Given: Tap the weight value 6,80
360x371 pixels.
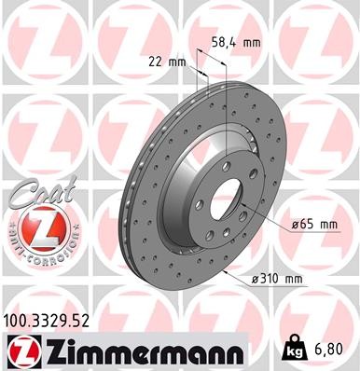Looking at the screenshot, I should [334, 350].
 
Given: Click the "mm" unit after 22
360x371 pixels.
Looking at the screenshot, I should [179, 62].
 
